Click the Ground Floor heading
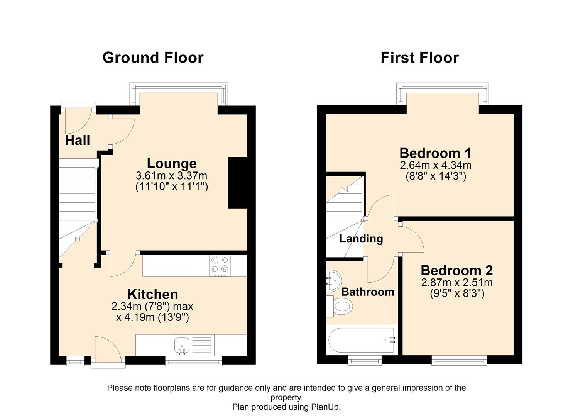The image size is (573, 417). [153, 58]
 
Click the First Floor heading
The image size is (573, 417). [419, 58]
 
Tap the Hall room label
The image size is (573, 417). [78, 140]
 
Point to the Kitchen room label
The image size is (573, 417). [153, 294]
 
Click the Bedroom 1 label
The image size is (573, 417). [435, 153]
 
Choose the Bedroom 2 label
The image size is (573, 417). [457, 270]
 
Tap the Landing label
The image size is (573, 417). [361, 239]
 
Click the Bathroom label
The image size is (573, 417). [368, 292]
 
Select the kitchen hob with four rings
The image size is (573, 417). [220, 265]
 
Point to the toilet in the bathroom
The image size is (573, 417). [341, 307]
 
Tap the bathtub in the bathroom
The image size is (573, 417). [361, 340]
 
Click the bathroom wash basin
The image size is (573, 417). [333, 280]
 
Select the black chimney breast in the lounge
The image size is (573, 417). [237, 182]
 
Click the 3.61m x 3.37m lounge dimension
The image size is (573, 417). [172, 176]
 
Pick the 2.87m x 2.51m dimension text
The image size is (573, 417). [457, 282]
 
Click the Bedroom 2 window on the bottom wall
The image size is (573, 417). [459, 361]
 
